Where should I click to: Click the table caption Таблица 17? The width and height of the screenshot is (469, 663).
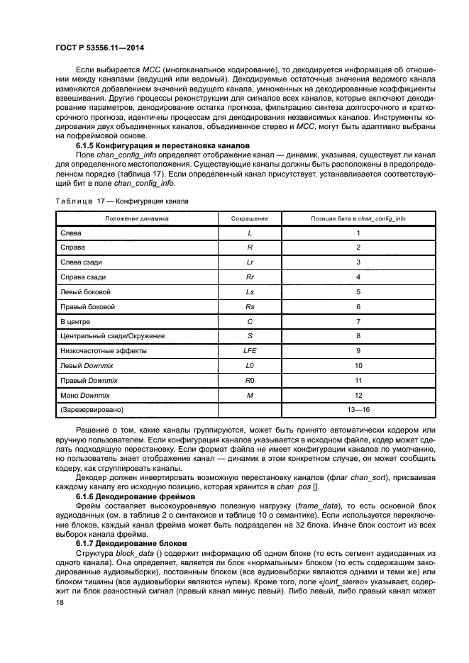(122, 201)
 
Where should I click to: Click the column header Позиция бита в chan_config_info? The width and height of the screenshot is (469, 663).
(358, 218)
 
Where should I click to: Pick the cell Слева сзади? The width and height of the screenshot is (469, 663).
(82, 262)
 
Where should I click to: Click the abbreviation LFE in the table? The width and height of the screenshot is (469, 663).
(250, 350)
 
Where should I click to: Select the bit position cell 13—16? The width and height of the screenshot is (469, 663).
(358, 409)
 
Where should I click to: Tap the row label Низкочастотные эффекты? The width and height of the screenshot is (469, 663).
(104, 350)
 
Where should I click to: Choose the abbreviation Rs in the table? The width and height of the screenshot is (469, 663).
(250, 306)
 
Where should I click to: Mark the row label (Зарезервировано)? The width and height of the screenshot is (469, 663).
(92, 409)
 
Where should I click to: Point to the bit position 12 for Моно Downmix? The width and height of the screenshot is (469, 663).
(358, 394)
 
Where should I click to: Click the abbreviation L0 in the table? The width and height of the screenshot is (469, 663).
(250, 365)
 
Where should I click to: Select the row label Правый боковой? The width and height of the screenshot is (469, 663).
(88, 306)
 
